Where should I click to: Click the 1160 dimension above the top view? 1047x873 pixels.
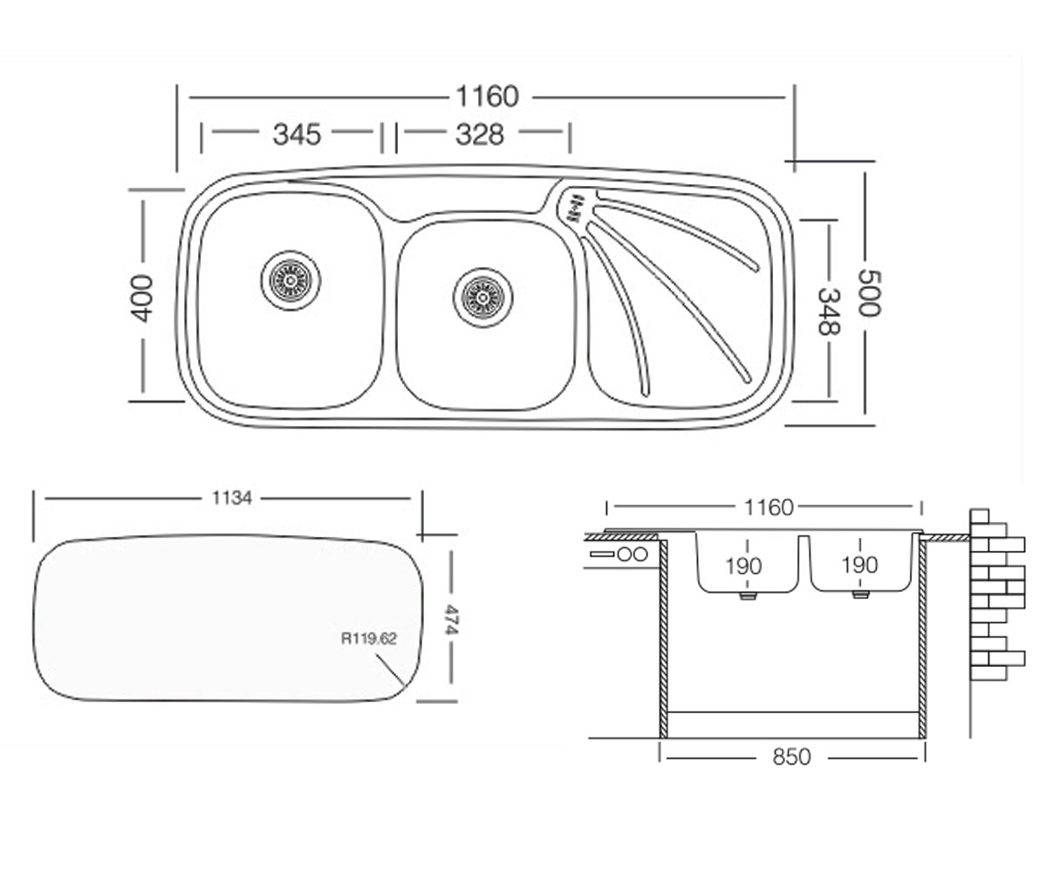coord(487,96)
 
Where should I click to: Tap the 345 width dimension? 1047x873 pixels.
coord(297,134)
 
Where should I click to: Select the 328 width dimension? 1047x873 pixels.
coord(479,134)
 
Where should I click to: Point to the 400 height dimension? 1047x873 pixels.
coord(142,298)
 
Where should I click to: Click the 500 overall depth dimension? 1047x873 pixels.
coord(869,293)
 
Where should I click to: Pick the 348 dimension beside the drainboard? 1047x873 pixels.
coord(829,311)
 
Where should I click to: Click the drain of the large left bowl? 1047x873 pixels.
coord(291,280)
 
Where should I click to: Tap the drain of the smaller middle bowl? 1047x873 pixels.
coord(482,297)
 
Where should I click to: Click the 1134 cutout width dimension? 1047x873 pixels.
coord(232,498)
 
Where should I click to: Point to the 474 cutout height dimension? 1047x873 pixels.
coord(451,619)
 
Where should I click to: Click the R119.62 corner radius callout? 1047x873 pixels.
coord(368,639)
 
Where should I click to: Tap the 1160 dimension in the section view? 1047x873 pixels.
coord(768,508)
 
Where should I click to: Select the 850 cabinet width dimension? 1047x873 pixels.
coord(791,757)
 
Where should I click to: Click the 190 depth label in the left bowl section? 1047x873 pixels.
coord(743,567)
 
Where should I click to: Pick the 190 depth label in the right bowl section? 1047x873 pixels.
coord(859,566)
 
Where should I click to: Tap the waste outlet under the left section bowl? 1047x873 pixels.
coord(747,595)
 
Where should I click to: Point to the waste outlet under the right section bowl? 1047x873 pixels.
coord(860,595)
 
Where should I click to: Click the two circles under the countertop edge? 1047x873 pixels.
coord(633,554)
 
